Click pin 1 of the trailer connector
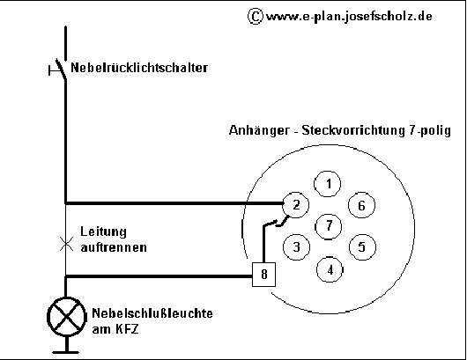coord(328,184)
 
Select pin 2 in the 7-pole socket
coord(295,205)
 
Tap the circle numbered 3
coord(296,246)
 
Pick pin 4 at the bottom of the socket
coord(330,269)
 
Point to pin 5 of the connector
coord(362,246)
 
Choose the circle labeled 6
coord(361,205)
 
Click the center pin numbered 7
coord(328,226)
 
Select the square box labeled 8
coord(263,275)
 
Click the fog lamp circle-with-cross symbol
coord(66,317)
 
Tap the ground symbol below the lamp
coord(66,345)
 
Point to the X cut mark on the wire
coord(66,244)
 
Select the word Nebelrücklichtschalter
coord(139,68)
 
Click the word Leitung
coord(103,231)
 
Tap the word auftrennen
coord(114,247)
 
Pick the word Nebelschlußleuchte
coord(152,313)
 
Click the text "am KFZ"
coord(115,329)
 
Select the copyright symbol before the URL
coord(256,16)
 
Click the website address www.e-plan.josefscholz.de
coord(349,16)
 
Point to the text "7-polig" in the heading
coord(429,131)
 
